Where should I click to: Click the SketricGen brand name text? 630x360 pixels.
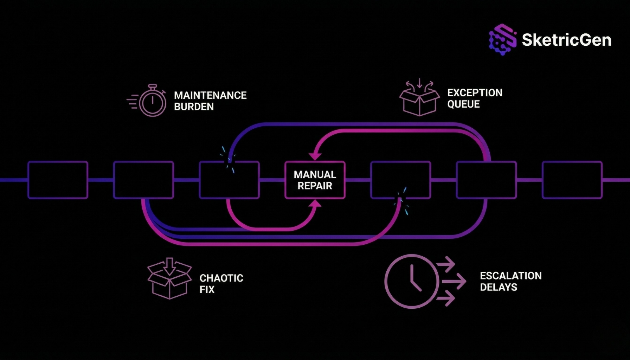[x=566, y=40]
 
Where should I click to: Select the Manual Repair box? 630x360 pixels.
[x=315, y=180]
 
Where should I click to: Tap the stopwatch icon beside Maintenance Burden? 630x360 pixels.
[x=152, y=101]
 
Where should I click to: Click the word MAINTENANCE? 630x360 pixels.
[x=210, y=95]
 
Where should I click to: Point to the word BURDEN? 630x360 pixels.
[x=194, y=107]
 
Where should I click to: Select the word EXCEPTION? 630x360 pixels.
[x=475, y=93]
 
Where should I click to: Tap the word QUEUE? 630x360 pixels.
[x=463, y=104]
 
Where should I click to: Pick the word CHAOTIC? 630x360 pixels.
[x=221, y=278]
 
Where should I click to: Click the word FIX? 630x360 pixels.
[x=207, y=289]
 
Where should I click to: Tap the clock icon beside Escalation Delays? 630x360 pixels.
[x=412, y=281]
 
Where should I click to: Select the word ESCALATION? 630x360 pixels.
[x=510, y=276]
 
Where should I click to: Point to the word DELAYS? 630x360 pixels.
[x=498, y=287]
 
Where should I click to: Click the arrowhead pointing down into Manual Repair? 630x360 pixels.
[x=315, y=156]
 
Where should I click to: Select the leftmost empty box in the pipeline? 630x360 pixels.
[x=58, y=180]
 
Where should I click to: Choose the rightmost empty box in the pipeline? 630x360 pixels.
[x=572, y=180]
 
